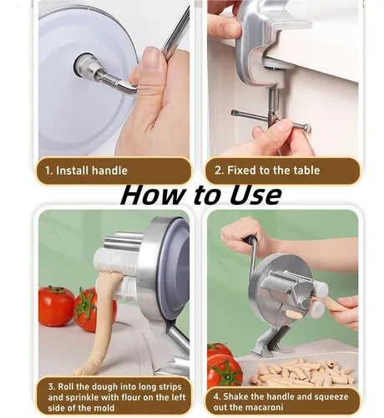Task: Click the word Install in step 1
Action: pos(72,171)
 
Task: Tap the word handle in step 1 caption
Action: pos(109,171)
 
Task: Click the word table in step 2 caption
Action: pos(306,170)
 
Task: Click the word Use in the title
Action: pos(255,195)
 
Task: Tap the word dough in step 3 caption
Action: pos(105,387)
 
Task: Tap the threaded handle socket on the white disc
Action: pos(86,66)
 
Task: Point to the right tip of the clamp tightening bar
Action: pos(308,128)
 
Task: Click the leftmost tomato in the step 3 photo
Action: pos(56,306)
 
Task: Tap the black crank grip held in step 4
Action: pos(251,240)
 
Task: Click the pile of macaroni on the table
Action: pos(303,372)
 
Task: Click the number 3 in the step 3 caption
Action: pos(51,387)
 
